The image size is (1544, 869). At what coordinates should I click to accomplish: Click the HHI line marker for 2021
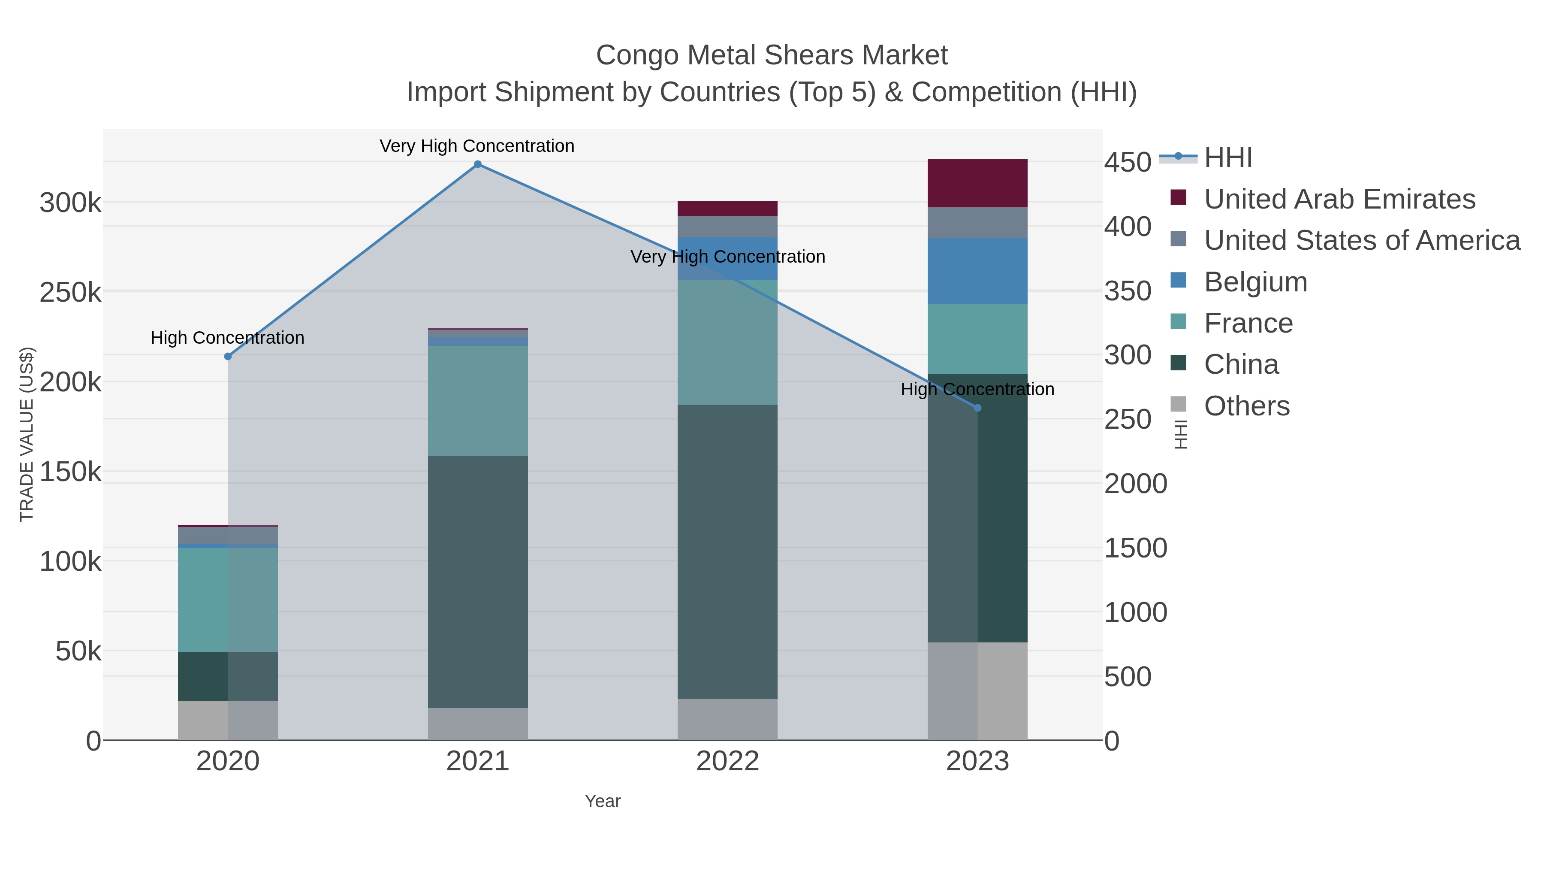(478, 164)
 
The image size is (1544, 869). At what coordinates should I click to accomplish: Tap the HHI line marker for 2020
(228, 356)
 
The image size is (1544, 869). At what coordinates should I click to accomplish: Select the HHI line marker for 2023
(977, 408)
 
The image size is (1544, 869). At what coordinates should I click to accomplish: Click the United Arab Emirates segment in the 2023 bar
(977, 184)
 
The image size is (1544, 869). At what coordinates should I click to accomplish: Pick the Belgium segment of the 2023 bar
(977, 271)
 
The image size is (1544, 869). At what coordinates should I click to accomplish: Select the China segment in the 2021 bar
(478, 582)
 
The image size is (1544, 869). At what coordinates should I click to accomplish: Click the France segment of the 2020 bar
(228, 600)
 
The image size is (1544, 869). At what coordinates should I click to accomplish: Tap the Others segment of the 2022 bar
(727, 719)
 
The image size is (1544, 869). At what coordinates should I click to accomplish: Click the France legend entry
(1248, 323)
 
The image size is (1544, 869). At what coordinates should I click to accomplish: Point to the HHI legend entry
(1227, 158)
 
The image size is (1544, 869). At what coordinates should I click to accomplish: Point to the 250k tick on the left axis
(71, 293)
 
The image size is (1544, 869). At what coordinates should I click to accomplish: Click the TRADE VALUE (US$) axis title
(27, 434)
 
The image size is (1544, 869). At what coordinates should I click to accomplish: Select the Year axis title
(603, 801)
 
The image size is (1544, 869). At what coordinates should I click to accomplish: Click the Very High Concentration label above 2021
(477, 146)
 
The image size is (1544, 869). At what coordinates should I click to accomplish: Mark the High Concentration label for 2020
(228, 338)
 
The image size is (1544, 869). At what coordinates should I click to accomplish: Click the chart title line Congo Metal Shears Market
(772, 55)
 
